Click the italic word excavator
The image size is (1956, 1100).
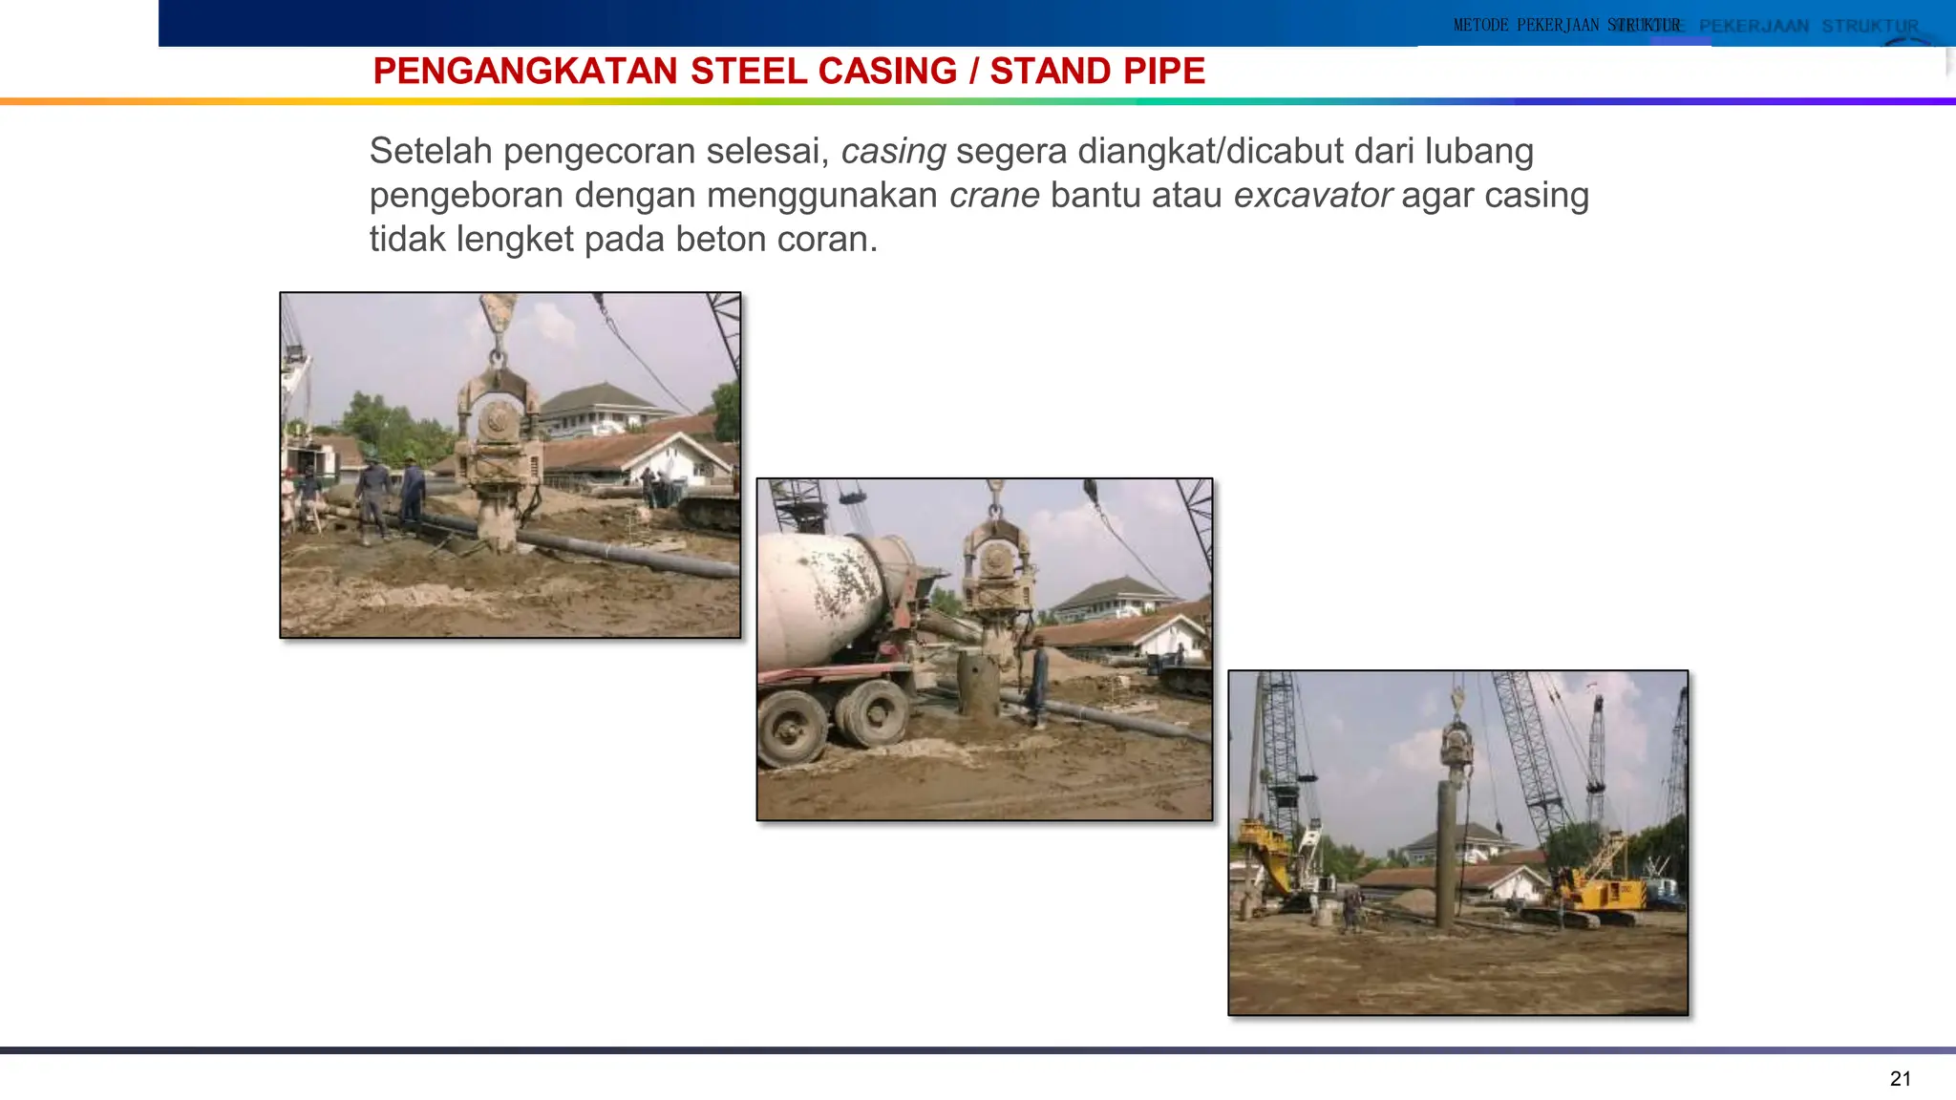(1312, 195)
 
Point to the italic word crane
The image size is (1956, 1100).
(993, 195)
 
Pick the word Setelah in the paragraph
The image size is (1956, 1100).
(431, 151)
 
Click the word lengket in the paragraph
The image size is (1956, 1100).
(514, 239)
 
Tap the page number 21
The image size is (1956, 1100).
(1900, 1079)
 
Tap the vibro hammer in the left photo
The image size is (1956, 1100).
(497, 439)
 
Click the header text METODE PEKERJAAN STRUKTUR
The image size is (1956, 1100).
(1566, 25)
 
